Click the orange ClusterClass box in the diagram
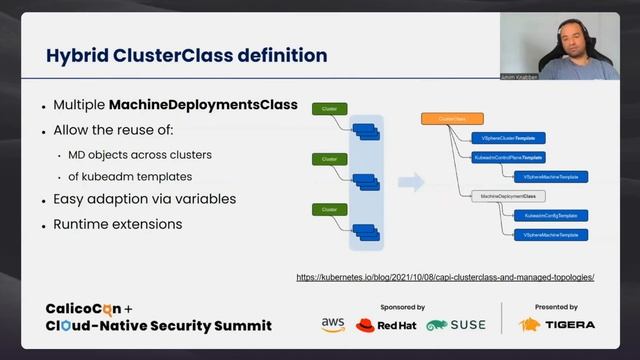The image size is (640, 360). click(452, 119)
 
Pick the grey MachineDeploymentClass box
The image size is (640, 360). click(507, 196)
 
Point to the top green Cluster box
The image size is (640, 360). click(327, 108)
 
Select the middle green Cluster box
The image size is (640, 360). click(327, 158)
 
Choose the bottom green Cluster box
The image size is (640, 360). click(327, 208)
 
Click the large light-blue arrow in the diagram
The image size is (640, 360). click(411, 182)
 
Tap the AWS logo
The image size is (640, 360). click(333, 325)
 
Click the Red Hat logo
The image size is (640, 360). click(385, 325)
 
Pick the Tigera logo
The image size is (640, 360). click(557, 324)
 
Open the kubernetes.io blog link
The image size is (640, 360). click(445, 277)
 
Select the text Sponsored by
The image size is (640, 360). click(403, 307)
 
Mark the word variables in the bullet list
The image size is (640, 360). click(202, 199)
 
